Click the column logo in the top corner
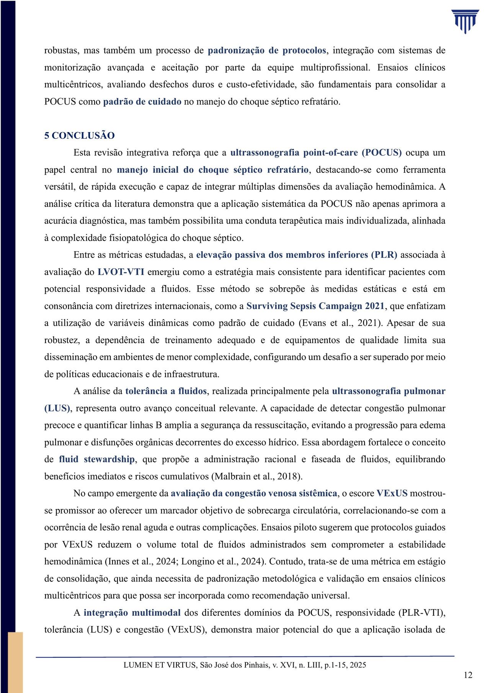tap(465, 22)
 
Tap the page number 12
tap(468, 675)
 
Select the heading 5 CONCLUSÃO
tap(79, 136)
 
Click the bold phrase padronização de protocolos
tap(267, 51)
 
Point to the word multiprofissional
tap(335, 68)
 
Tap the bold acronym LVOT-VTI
tap(121, 272)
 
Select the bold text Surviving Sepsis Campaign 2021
tap(315, 306)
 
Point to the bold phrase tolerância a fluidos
tap(166, 391)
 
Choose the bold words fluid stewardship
tap(97, 459)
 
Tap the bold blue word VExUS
tap(392, 494)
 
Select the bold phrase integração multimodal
tap(132, 613)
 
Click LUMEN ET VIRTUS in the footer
tap(160, 665)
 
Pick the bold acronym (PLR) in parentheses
tap(384, 255)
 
